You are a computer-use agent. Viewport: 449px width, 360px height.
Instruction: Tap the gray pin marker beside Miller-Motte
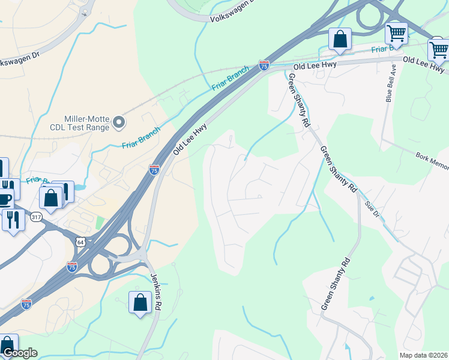click(119, 122)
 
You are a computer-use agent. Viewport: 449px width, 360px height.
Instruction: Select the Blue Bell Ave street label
click(389, 83)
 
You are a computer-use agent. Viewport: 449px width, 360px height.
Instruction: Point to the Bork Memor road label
click(432, 158)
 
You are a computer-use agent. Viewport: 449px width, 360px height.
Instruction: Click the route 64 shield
click(80, 241)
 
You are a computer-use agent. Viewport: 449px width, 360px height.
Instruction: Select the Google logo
click(20, 353)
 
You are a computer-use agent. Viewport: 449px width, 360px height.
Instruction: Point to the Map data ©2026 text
click(423, 355)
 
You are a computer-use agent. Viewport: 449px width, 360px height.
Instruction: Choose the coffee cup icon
click(5, 199)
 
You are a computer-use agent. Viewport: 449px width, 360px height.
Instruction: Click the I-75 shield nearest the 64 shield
click(72, 266)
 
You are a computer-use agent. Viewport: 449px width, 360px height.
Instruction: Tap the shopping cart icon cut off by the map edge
click(439, 50)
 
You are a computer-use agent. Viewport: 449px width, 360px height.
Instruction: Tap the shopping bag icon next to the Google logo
click(8, 345)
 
